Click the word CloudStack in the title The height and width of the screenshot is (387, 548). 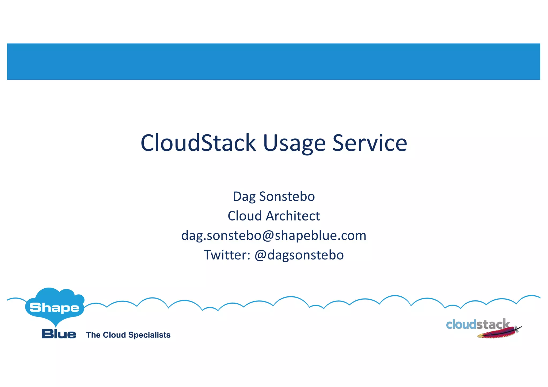tap(198, 143)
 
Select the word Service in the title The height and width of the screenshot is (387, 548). tap(370, 143)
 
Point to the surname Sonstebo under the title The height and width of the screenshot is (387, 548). tap(287, 196)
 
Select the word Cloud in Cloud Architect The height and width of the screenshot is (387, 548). tap(245, 216)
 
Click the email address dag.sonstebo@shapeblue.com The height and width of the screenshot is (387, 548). tap(274, 235)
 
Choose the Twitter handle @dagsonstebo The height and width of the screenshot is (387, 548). tap(299, 255)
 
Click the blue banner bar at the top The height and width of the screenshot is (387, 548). tap(273, 61)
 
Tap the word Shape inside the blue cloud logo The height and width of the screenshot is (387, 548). tap(54, 308)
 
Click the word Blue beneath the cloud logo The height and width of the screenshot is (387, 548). tap(59, 334)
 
